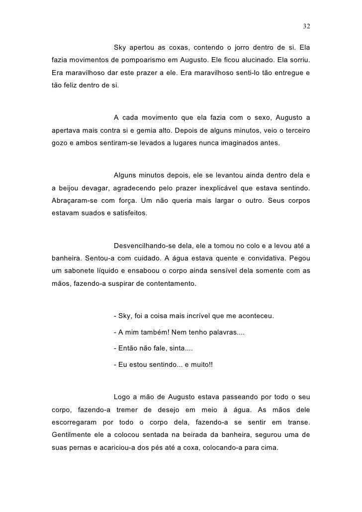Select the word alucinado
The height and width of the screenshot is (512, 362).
(x=245, y=60)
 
